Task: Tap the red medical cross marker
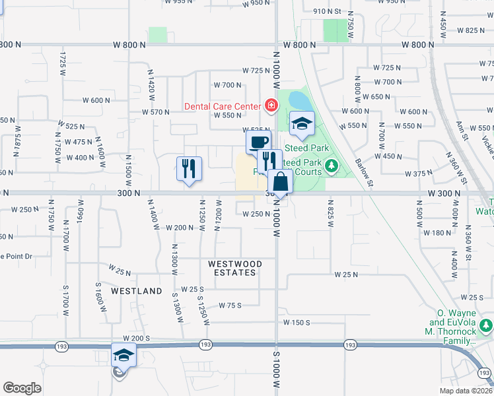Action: [270, 105]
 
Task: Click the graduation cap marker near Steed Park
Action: [302, 123]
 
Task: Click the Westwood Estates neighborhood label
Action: [235, 268]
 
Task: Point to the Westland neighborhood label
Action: [137, 291]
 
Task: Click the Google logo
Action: [22, 388]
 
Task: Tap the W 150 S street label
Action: [297, 322]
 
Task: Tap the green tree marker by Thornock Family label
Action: [487, 325]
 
